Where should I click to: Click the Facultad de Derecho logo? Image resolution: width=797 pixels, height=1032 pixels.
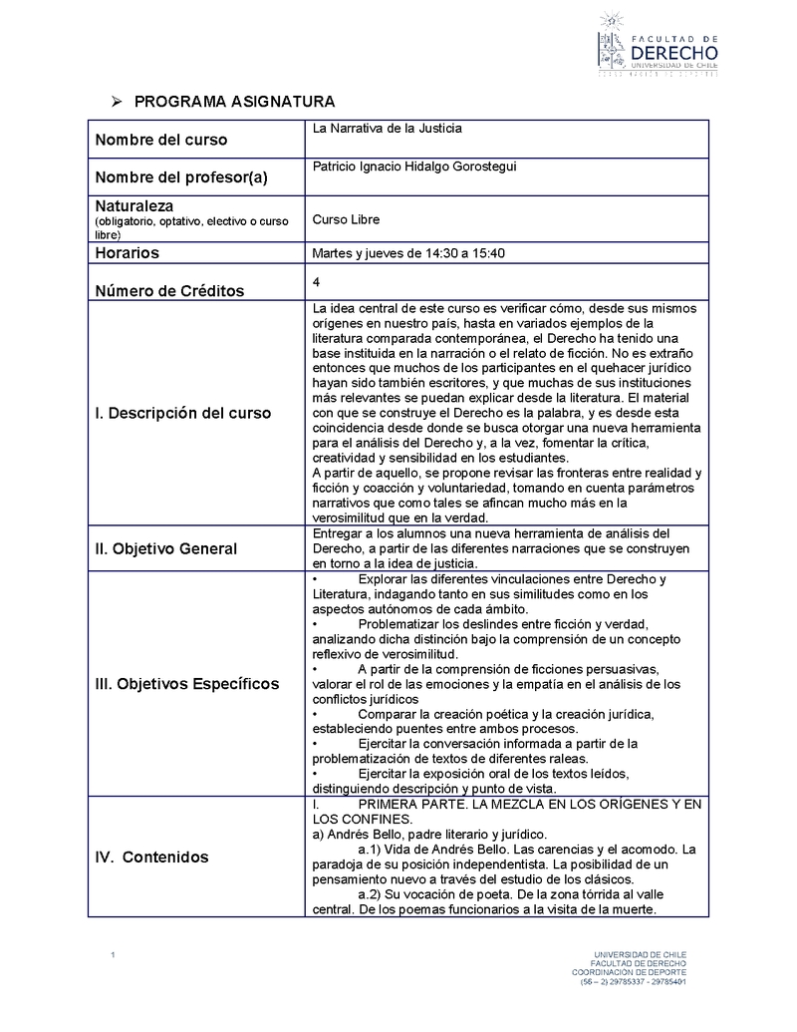(657, 44)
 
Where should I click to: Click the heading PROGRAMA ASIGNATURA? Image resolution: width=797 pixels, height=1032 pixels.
(234, 102)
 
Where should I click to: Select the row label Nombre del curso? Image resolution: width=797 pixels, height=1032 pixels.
(160, 140)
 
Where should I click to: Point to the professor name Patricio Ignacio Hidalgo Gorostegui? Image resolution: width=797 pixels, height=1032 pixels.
(414, 167)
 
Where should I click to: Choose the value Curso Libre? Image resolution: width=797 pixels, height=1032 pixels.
(346, 219)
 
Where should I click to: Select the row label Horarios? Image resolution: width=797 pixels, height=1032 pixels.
(127, 253)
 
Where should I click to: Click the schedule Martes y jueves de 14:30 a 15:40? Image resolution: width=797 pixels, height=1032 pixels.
(408, 253)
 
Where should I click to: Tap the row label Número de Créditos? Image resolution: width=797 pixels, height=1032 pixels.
(169, 291)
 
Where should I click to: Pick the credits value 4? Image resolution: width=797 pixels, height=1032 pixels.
(316, 282)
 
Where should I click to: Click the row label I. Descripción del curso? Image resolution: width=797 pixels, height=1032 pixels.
(182, 413)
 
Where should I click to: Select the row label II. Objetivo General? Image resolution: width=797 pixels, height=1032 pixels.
(165, 548)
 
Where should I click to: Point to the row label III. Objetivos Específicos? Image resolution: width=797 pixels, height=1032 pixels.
(187, 684)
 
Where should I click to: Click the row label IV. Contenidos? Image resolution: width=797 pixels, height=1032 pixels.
(152, 857)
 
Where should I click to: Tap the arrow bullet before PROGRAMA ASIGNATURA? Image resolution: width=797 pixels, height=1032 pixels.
(116, 102)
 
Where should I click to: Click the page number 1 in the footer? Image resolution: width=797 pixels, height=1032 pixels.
(114, 957)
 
